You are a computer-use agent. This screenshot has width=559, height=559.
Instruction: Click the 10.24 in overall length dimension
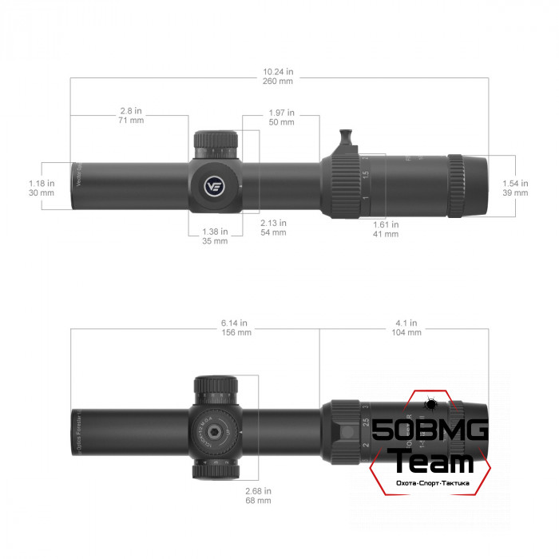point(278,75)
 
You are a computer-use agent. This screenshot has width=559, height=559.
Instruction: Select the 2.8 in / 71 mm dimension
point(130,116)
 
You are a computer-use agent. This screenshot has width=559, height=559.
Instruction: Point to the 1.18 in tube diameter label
point(42,188)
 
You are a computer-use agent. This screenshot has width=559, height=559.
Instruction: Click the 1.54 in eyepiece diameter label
point(515,188)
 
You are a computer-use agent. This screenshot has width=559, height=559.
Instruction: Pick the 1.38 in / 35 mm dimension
point(214,236)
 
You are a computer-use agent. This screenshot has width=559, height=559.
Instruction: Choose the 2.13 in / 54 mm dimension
point(274,228)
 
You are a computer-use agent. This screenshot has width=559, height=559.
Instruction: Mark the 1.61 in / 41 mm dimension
point(386,229)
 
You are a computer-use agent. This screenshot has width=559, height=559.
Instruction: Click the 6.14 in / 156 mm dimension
point(236,327)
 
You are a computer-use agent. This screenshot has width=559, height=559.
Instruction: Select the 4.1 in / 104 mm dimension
point(407,327)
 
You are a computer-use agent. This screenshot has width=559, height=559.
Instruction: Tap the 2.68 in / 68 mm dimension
point(258,496)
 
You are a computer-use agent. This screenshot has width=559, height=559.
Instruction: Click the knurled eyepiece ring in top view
point(456,185)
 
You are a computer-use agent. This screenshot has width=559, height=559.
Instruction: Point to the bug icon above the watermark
point(429,405)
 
